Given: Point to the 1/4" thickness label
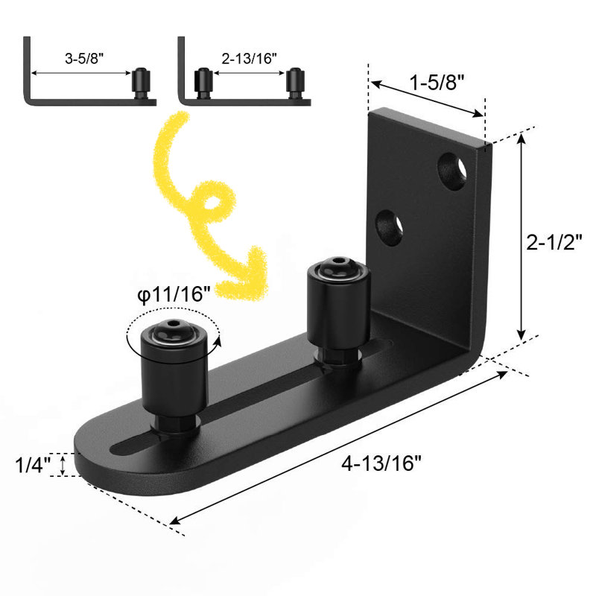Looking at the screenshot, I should [x=32, y=466].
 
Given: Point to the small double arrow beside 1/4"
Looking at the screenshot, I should [x=63, y=466].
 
